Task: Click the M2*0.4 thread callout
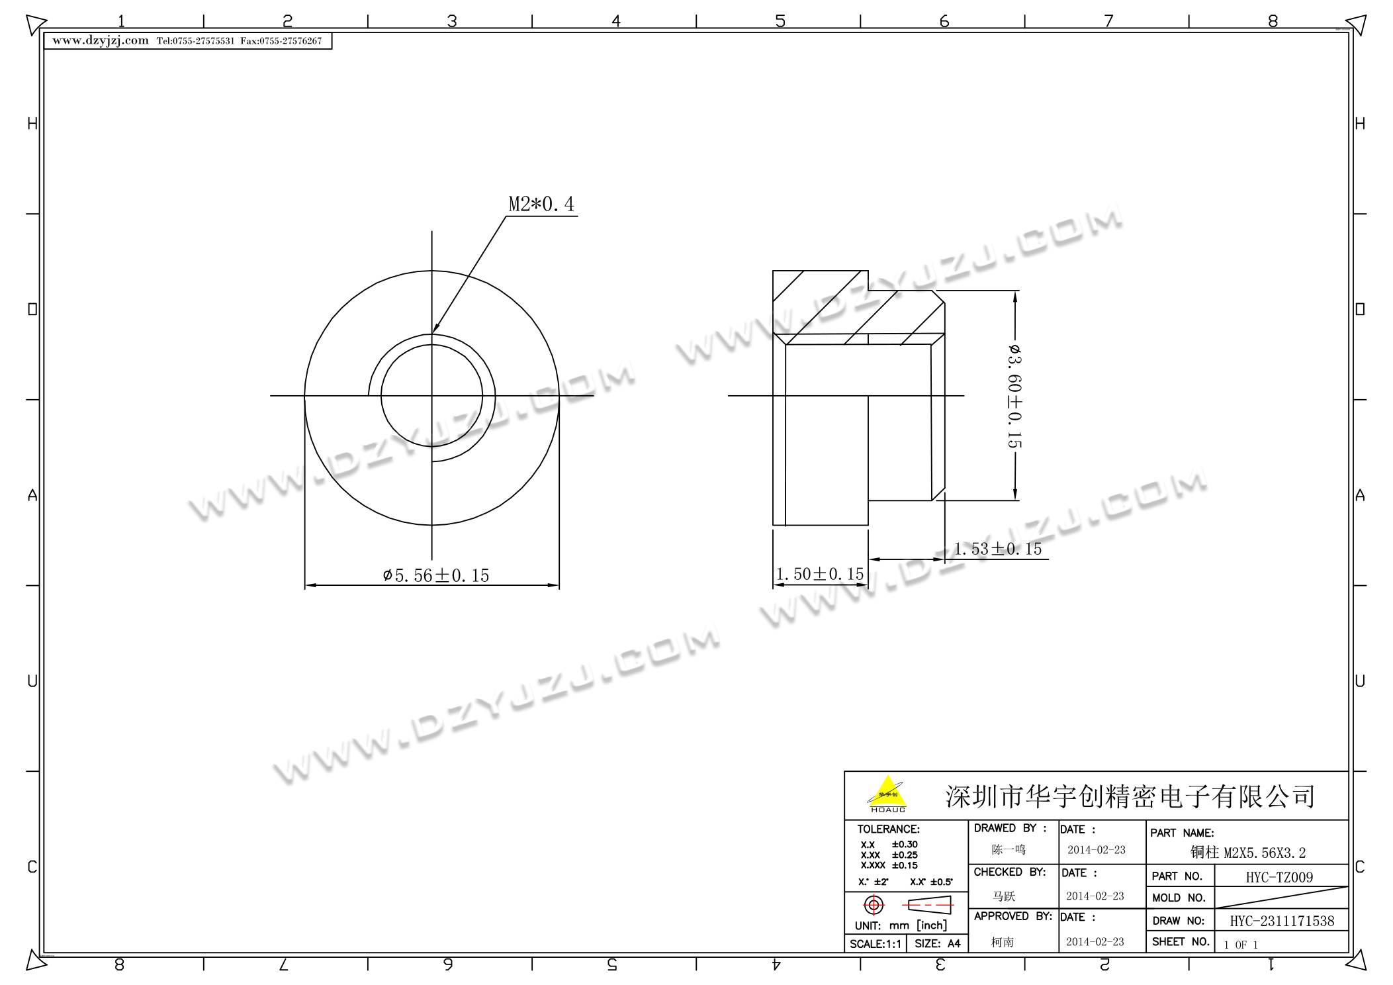click(x=541, y=204)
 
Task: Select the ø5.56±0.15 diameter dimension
click(x=436, y=575)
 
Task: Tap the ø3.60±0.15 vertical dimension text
click(x=1014, y=395)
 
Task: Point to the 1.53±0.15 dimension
click(x=998, y=549)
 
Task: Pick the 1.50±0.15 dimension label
click(x=820, y=574)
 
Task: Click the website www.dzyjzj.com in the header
click(x=101, y=40)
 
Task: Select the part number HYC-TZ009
click(x=1279, y=877)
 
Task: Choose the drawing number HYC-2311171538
click(x=1282, y=921)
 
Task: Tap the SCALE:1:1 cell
click(x=875, y=944)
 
